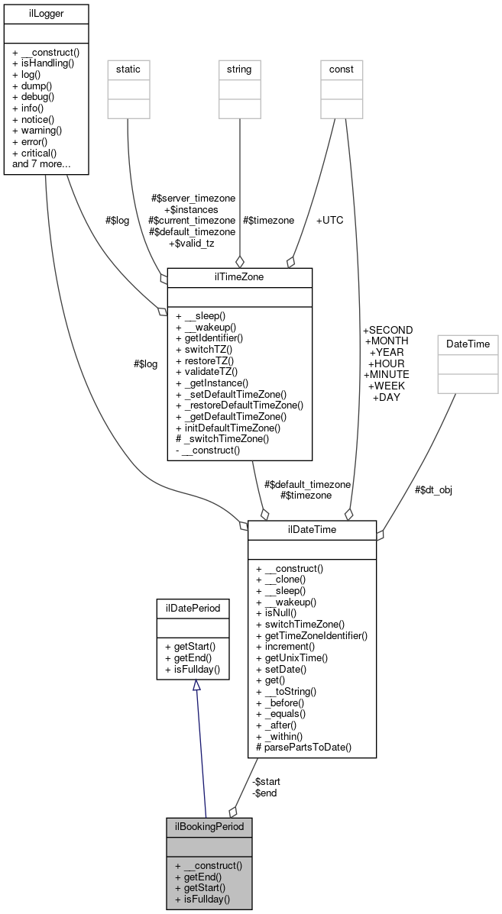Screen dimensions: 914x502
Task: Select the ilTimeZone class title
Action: (x=239, y=277)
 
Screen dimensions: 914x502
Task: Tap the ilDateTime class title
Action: (x=312, y=529)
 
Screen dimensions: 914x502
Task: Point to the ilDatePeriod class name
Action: (x=193, y=608)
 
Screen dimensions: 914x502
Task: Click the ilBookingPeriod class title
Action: (x=209, y=826)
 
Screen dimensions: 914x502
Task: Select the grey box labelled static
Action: (x=128, y=69)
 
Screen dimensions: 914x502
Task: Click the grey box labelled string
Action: (x=240, y=69)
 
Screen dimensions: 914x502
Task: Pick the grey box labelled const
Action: (x=342, y=69)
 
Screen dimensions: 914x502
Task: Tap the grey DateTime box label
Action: (x=467, y=344)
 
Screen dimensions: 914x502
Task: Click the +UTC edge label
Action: (x=329, y=220)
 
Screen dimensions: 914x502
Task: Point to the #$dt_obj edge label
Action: (x=433, y=489)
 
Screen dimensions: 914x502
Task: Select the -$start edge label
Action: (x=265, y=781)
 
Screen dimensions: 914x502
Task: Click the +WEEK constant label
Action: (x=387, y=386)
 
